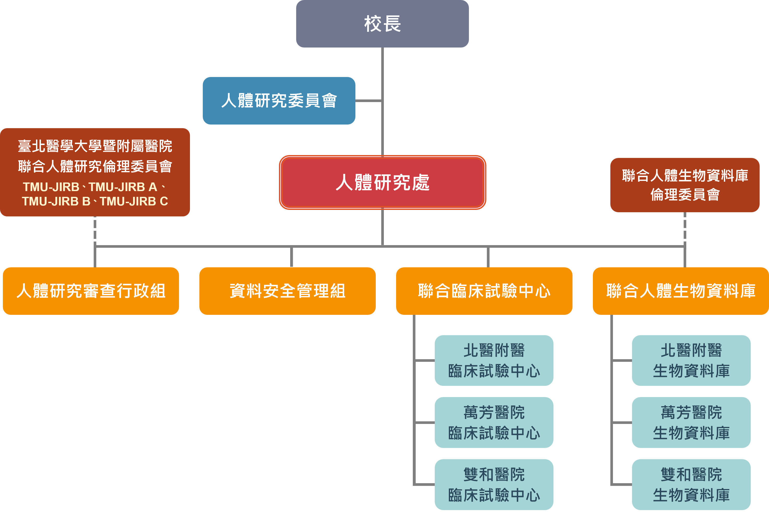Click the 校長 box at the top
point(382,23)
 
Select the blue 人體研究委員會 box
point(279,101)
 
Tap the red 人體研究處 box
point(382,182)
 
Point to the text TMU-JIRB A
point(123,187)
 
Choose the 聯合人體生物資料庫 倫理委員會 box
point(685,185)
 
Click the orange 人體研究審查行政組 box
point(91,291)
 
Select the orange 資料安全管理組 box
point(287,291)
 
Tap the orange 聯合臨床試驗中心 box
point(484,291)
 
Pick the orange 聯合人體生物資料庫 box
point(681,291)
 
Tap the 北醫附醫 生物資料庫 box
point(691,361)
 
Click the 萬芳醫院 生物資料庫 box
point(691,423)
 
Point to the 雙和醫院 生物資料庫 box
point(691,485)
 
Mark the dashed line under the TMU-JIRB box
point(95,231)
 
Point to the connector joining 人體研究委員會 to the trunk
point(369,101)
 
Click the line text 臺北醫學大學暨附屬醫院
point(95,146)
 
